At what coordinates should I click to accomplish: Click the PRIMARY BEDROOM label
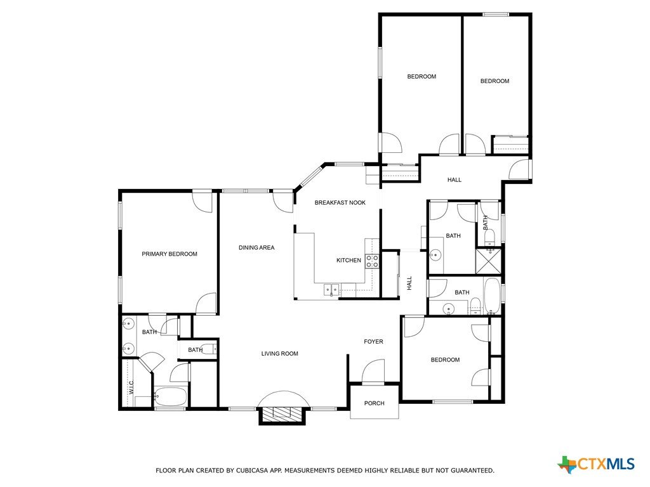click(169, 254)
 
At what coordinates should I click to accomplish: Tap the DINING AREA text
click(256, 248)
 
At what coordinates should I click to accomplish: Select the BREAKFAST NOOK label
click(340, 202)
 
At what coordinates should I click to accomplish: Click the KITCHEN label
click(348, 260)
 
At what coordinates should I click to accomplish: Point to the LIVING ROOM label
click(280, 354)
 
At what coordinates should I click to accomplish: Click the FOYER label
click(373, 342)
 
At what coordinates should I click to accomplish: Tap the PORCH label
click(375, 403)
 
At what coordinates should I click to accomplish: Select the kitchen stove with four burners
click(372, 261)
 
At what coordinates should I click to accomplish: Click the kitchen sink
click(331, 289)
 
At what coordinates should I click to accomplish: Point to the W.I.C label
click(131, 387)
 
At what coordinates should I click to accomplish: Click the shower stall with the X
click(488, 261)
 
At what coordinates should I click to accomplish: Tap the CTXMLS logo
click(597, 464)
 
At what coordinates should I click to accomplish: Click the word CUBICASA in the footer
click(253, 471)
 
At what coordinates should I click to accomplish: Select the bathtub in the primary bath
click(170, 396)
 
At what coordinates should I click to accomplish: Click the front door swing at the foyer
click(373, 372)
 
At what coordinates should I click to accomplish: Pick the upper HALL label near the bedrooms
click(454, 179)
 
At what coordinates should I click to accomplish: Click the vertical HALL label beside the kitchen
click(409, 283)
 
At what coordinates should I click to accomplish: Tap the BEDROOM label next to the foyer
click(445, 360)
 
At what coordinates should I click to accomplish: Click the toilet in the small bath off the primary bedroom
click(209, 349)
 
